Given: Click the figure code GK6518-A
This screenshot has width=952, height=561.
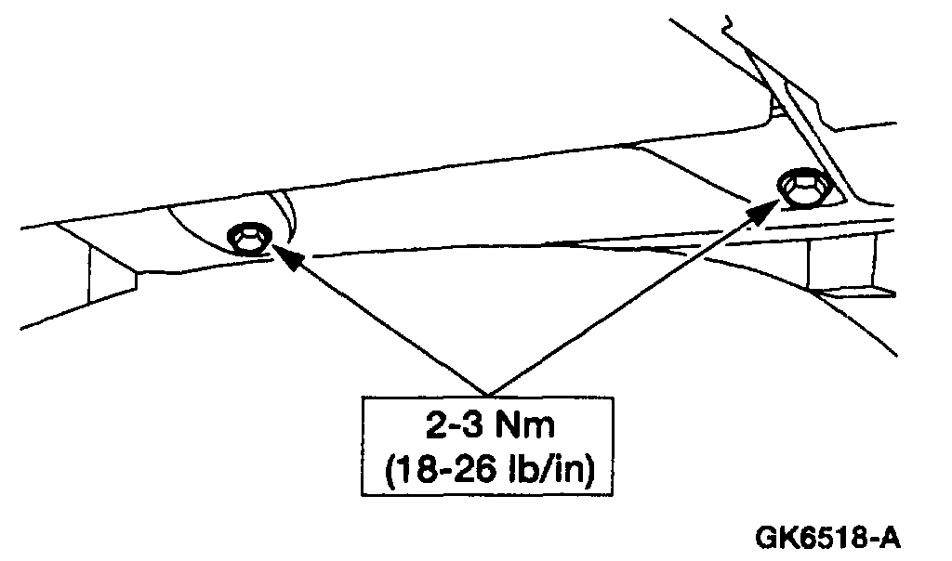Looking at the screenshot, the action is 828,538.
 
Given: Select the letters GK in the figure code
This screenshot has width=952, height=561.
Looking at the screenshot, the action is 776,538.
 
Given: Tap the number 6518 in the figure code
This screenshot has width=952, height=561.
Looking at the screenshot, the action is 832,538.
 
